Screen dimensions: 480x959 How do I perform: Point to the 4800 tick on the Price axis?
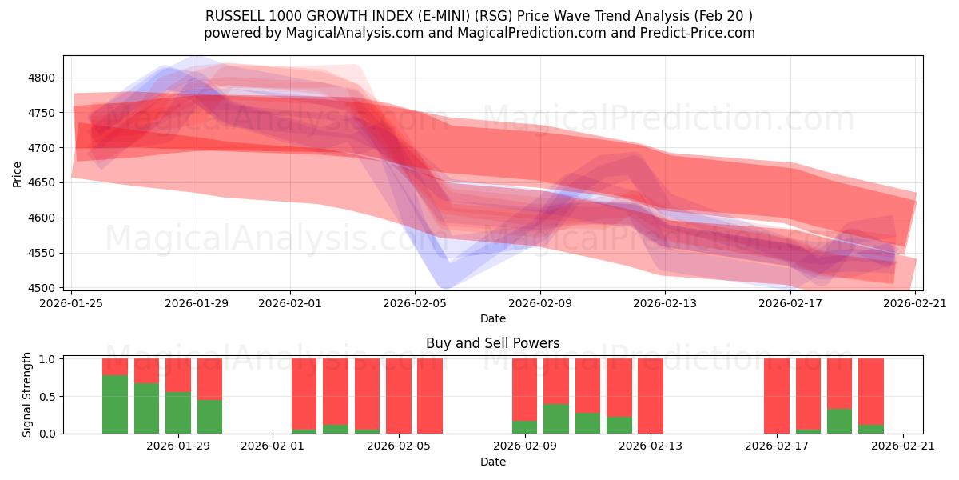coord(44,78)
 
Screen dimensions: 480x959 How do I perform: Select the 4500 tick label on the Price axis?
coord(44,288)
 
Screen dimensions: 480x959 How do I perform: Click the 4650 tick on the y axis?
coord(44,183)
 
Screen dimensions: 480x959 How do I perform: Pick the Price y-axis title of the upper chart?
coord(18,174)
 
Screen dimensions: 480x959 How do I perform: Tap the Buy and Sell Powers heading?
coord(492,343)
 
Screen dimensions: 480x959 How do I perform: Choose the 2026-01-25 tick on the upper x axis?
coord(73,303)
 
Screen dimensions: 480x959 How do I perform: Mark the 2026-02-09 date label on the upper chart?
coord(539,303)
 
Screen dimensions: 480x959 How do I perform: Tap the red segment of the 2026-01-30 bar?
coord(209,378)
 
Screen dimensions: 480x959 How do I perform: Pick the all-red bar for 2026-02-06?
coord(430,396)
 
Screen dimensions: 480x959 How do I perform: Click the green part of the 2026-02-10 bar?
coord(555,418)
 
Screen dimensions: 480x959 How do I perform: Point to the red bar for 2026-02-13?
coord(651,396)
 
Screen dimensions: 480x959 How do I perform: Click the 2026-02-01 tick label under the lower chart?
coord(273,446)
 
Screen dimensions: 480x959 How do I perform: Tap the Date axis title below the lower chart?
coord(492,462)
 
